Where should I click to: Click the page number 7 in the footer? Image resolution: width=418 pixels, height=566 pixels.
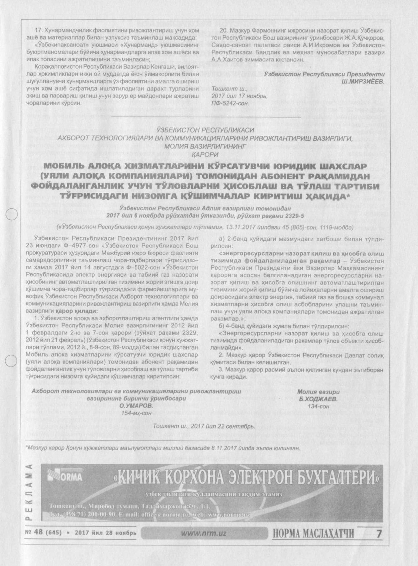click(x=378, y=534)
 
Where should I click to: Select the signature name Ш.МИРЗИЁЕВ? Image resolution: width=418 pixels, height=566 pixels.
click(x=363, y=81)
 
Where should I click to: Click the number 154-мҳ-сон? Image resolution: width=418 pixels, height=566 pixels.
click(x=136, y=413)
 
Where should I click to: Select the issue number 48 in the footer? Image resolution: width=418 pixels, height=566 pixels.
click(x=38, y=533)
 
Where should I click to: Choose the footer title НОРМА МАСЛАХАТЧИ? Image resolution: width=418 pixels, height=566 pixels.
click(x=313, y=534)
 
